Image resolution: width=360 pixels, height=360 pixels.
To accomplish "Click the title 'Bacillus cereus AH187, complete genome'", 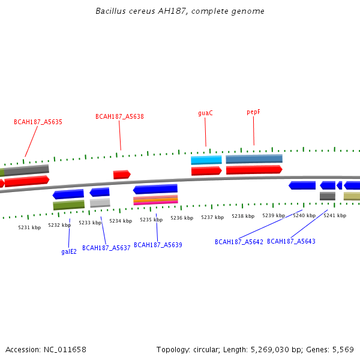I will click(180, 11).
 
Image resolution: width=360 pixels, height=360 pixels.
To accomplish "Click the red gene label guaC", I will click(205, 113).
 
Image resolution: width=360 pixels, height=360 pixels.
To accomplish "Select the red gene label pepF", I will click(254, 112).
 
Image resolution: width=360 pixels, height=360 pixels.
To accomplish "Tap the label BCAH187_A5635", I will click(38, 122).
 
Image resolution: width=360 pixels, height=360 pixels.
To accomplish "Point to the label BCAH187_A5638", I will click(119, 116).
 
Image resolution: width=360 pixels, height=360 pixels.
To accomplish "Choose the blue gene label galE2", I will click(69, 252).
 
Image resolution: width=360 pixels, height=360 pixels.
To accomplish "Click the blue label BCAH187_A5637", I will click(106, 248).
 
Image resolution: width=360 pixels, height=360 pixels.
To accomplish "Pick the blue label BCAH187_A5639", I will click(158, 245).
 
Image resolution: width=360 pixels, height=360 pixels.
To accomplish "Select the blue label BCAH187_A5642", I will click(239, 242).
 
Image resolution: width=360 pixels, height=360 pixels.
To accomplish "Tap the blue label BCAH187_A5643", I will click(291, 241).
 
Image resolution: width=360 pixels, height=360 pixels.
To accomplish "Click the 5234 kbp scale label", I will click(121, 221).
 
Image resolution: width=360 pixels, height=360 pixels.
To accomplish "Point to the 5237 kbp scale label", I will click(212, 217).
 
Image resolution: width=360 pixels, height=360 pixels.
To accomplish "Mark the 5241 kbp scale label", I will click(335, 215).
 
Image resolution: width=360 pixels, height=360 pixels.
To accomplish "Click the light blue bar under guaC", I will click(206, 160).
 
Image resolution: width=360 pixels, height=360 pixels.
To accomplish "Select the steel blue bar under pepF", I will click(254, 159).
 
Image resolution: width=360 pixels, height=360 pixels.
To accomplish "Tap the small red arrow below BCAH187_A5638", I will click(122, 175).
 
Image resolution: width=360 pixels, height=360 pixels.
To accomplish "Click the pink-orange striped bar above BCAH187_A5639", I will click(155, 200).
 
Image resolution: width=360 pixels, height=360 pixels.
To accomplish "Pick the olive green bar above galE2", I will click(68, 205).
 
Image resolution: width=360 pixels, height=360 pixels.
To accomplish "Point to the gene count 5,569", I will click(344, 349).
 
